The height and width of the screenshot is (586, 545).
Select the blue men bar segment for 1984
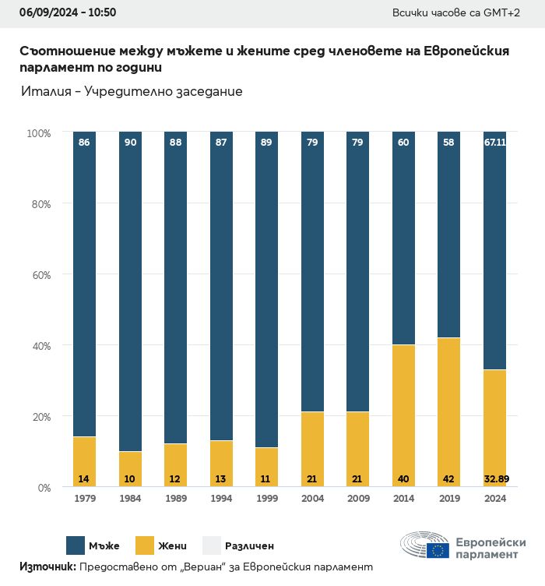(x=131, y=292)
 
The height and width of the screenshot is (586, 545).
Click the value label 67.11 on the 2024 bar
(x=495, y=143)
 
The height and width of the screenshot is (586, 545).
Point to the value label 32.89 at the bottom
(x=495, y=478)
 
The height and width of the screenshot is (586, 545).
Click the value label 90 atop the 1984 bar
(x=131, y=143)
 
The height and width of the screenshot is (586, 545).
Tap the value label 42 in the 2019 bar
(x=449, y=478)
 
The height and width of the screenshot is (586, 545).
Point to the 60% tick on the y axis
(x=39, y=275)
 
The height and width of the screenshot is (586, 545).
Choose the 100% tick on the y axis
(x=37, y=133)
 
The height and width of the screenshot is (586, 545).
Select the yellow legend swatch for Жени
(x=147, y=545)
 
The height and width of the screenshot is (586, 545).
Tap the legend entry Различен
(x=249, y=545)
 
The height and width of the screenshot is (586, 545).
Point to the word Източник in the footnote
(x=47, y=567)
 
